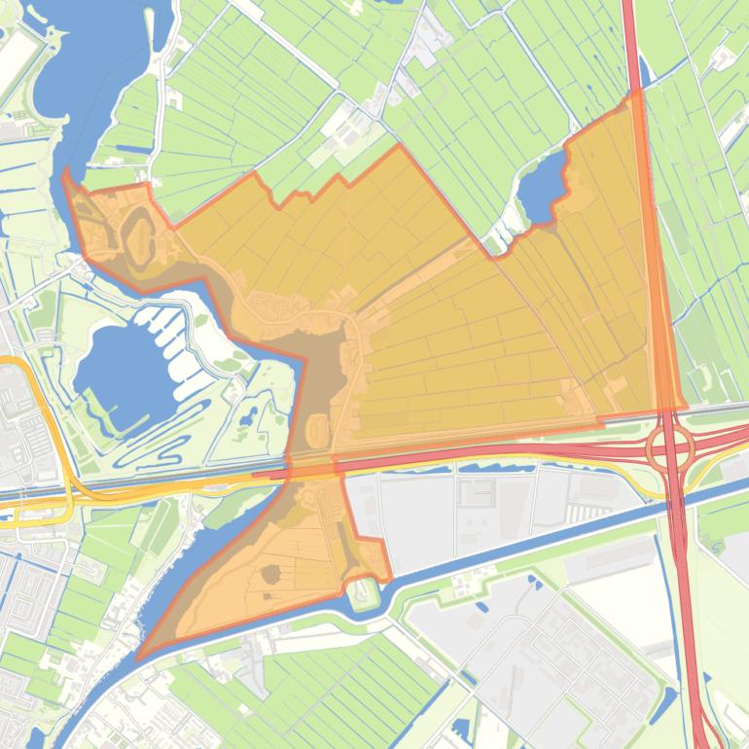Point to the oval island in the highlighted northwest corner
tap(137, 232)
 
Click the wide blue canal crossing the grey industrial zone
tap(545, 541)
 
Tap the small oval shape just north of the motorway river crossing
tap(317, 429)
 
